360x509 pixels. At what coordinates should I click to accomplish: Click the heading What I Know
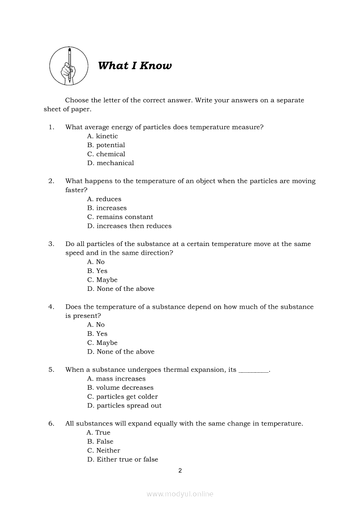tap(135, 66)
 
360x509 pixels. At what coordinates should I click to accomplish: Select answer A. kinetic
tap(102, 136)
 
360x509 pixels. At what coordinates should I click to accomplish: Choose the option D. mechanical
tap(110, 163)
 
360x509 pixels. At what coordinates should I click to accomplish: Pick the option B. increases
tap(107, 208)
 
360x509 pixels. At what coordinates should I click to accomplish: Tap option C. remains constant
tap(120, 217)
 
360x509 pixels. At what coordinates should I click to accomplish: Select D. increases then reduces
tap(129, 226)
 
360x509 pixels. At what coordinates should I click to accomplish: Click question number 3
tap(51, 244)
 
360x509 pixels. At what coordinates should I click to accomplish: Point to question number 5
tap(51, 370)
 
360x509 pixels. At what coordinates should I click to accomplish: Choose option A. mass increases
tap(116, 379)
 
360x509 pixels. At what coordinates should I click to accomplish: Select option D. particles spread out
tap(124, 406)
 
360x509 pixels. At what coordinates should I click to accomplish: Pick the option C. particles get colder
tap(122, 397)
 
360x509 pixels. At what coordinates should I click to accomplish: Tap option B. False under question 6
tap(100, 442)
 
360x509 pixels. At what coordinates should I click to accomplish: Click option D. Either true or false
tap(122, 459)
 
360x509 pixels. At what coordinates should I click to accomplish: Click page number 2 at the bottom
tap(180, 471)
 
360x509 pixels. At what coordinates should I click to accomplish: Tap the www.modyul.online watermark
tap(180, 494)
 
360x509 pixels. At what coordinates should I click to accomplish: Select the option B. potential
tap(106, 145)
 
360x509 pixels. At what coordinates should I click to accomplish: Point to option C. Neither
tap(103, 451)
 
